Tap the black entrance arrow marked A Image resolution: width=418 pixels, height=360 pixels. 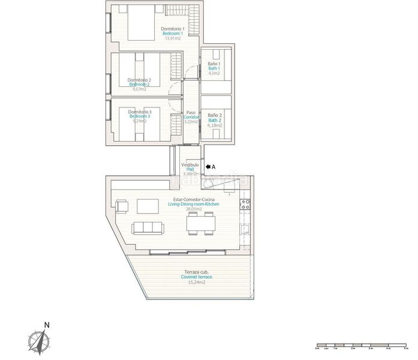coord(208,167)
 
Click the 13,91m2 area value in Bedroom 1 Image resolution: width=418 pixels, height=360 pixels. coord(173,38)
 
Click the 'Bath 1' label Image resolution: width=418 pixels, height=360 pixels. coord(214,68)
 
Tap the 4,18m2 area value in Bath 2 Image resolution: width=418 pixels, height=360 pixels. coord(214,125)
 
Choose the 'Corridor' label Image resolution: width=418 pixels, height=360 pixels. coord(191,116)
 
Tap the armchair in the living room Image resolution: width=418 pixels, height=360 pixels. coord(122,207)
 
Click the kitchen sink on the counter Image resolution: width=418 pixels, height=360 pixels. coord(244,229)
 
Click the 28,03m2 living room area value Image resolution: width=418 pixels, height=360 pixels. coord(193,209)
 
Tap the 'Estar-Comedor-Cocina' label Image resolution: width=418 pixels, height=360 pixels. coord(193,199)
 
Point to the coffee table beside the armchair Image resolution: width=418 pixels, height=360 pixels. coord(147,206)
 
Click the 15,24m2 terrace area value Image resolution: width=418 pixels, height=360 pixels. coord(198,282)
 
